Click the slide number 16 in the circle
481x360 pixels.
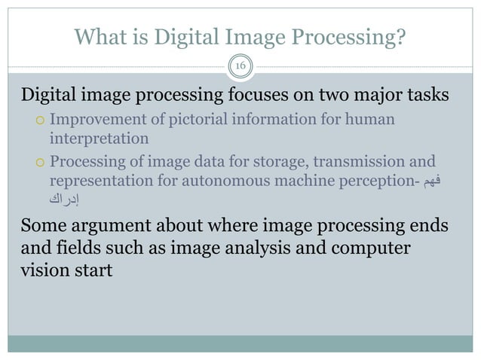(240, 66)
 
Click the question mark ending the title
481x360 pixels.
(400, 36)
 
